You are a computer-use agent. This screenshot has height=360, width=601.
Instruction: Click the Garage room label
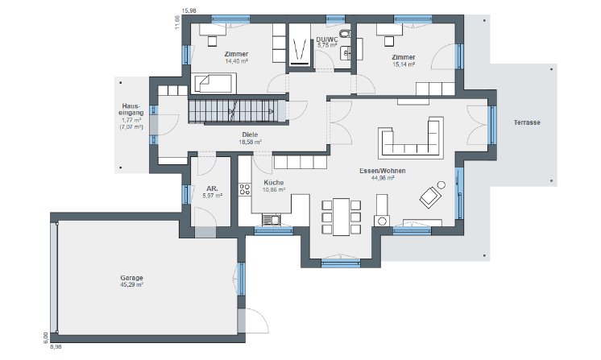pyautogui.click(x=132, y=278)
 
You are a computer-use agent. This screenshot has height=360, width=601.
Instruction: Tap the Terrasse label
pyautogui.click(x=527, y=122)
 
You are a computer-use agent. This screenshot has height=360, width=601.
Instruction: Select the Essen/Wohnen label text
pyautogui.click(x=382, y=171)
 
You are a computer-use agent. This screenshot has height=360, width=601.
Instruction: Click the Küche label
pyautogui.click(x=274, y=183)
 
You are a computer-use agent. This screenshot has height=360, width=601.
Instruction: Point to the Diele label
pyautogui.click(x=250, y=134)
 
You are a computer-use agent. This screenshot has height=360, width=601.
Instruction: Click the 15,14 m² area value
pyautogui.click(x=404, y=64)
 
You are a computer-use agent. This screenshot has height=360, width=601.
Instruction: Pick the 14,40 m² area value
pyautogui.click(x=237, y=61)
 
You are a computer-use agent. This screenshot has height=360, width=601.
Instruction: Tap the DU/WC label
pyautogui.click(x=327, y=39)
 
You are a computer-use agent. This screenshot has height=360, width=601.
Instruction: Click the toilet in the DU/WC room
pyautogui.click(x=345, y=33)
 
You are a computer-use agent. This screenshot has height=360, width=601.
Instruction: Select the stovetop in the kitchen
pyautogui.click(x=245, y=189)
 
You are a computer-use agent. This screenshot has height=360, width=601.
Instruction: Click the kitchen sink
pyautogui.click(x=271, y=220)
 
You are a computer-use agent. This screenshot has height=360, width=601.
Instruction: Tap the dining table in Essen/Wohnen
pyautogui.click(x=341, y=217)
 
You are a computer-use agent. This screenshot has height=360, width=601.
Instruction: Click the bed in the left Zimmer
pyautogui.click(x=213, y=83)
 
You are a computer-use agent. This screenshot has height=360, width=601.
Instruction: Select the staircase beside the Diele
pyautogui.click(x=237, y=111)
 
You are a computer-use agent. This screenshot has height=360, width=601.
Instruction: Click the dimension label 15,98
pyautogui.click(x=189, y=10)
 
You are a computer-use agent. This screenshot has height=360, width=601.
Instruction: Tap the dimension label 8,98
pyautogui.click(x=56, y=346)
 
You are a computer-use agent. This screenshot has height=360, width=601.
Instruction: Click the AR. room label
pyautogui.click(x=212, y=188)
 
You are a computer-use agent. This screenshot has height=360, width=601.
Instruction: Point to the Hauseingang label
pyautogui.click(x=131, y=110)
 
